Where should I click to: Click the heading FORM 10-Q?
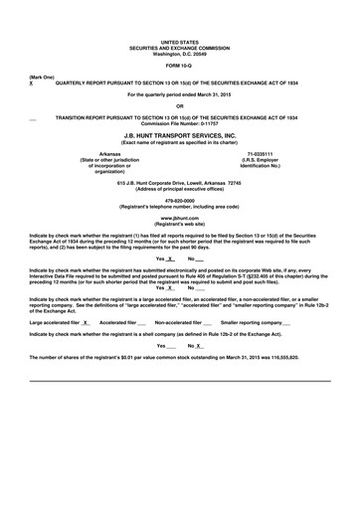pos(179,65)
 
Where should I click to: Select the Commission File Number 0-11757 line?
pos(179,121)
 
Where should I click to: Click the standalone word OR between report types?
pos(179,105)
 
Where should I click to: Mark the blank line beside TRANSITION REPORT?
pos(36,117)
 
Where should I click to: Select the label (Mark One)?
pos(42,78)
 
